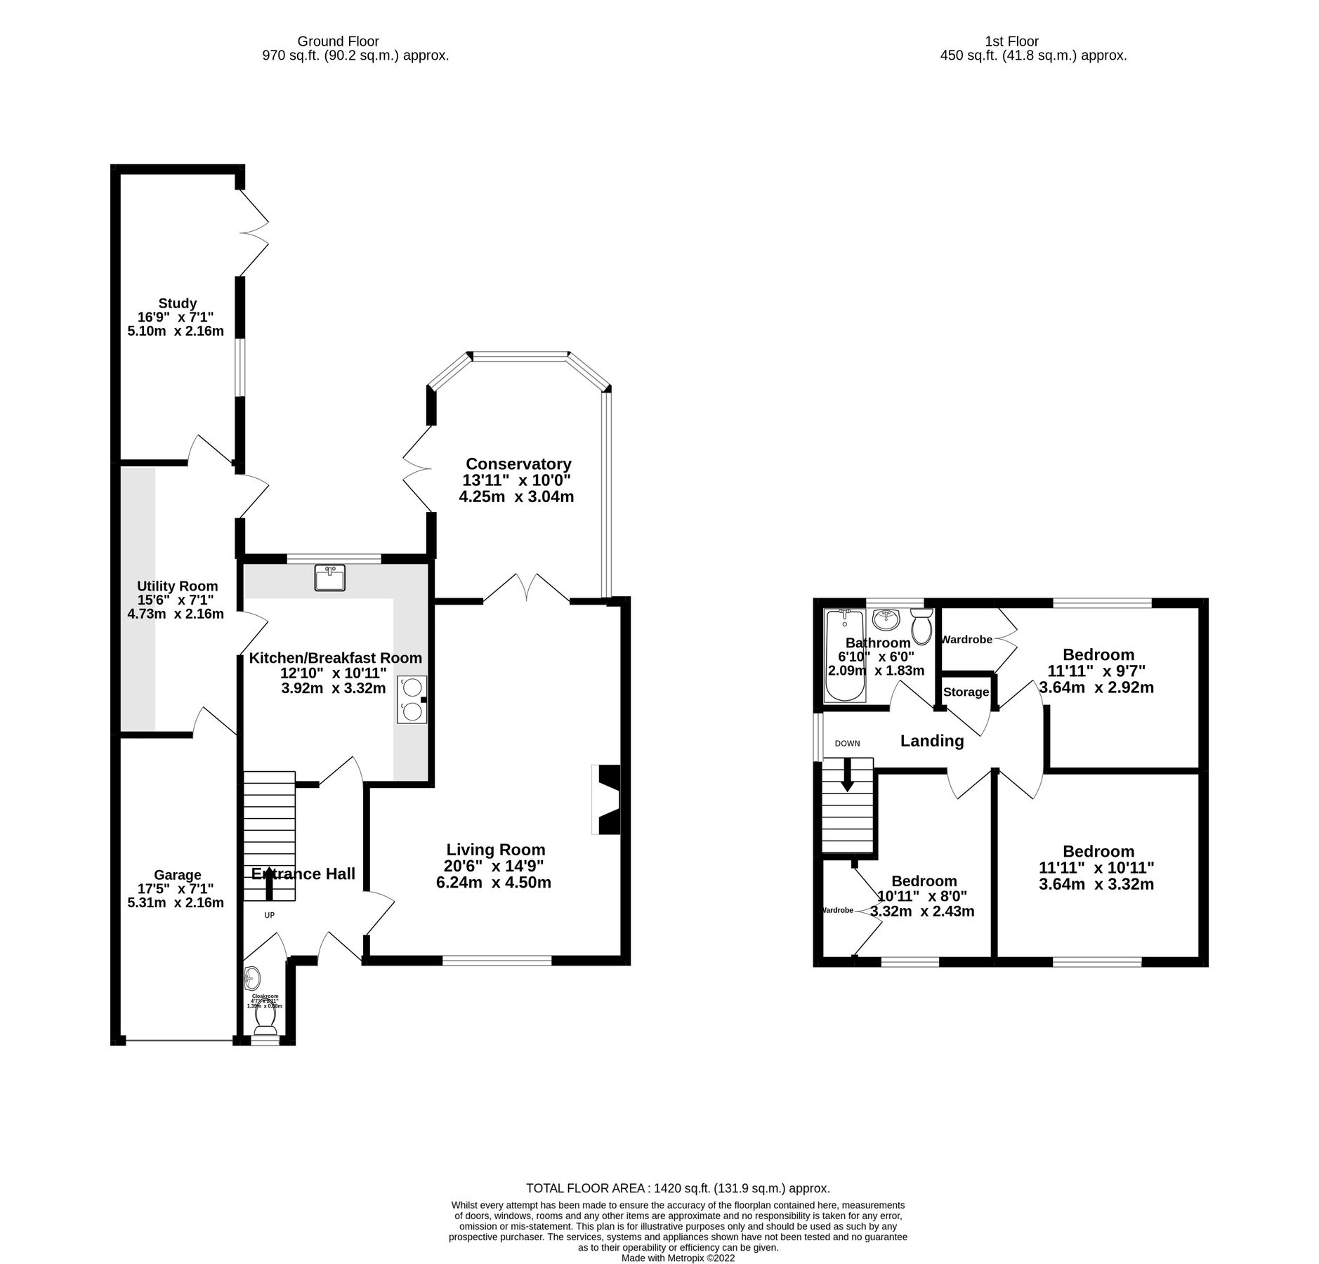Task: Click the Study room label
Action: tap(177, 303)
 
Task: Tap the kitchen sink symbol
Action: tap(329, 578)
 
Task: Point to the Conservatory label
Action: tap(518, 463)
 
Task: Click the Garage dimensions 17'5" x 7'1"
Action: tap(178, 889)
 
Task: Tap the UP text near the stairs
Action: tap(269, 915)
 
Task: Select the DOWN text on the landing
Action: tap(847, 743)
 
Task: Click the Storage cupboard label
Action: tap(966, 692)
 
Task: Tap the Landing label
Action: tap(932, 741)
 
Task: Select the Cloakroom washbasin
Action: tap(252, 977)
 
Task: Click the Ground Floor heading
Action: tap(338, 41)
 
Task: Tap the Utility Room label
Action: tap(177, 586)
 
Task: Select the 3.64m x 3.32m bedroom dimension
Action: tap(1096, 883)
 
